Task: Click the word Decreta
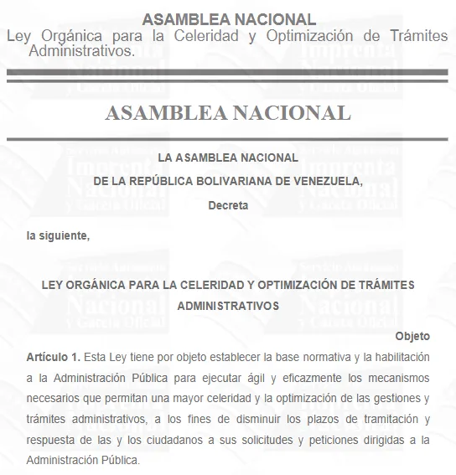228,205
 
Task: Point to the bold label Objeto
412,336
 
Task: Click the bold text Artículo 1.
53,357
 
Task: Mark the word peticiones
361,440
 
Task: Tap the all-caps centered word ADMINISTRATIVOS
228,306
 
